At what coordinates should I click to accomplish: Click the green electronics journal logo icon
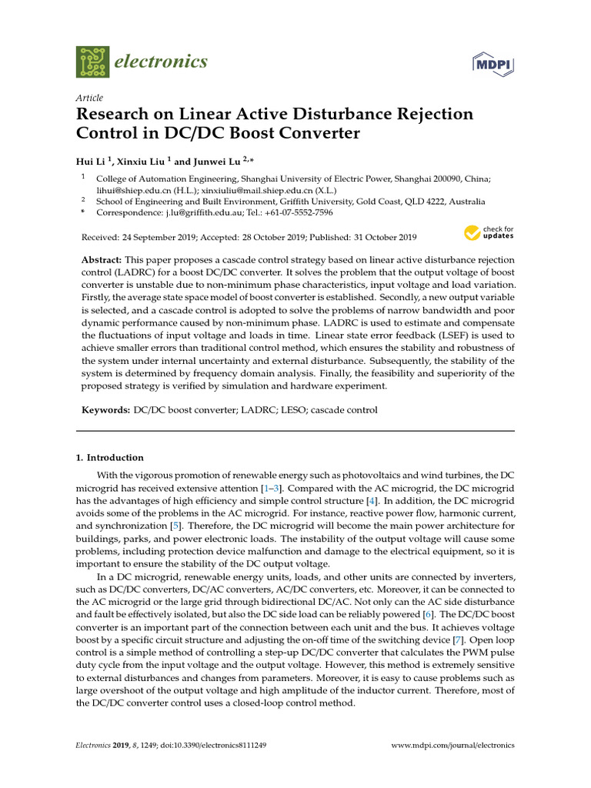[93, 61]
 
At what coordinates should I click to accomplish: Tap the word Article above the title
[89, 98]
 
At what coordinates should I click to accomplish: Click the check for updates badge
[489, 232]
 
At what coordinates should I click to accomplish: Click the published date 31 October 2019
[378, 237]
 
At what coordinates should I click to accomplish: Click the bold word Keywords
[105, 410]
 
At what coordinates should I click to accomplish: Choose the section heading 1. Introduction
[109, 457]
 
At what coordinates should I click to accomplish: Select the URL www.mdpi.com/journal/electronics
[452, 746]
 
